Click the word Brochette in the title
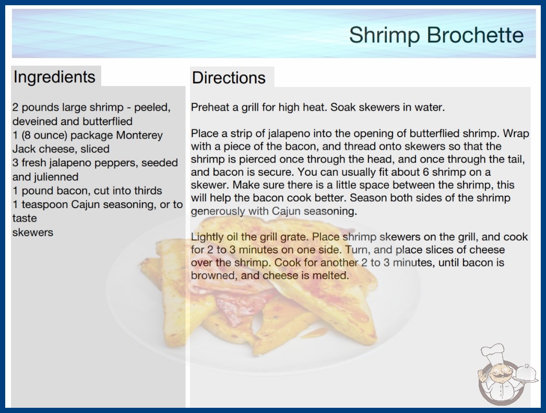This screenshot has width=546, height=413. pos(475,35)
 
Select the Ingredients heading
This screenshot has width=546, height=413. pos(54,77)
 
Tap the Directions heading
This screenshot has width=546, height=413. pos(229,77)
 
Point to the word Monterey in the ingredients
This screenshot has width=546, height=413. pos(139,136)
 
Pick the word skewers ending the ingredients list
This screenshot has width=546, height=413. pos(33,232)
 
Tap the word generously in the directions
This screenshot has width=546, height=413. pos(218,212)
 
